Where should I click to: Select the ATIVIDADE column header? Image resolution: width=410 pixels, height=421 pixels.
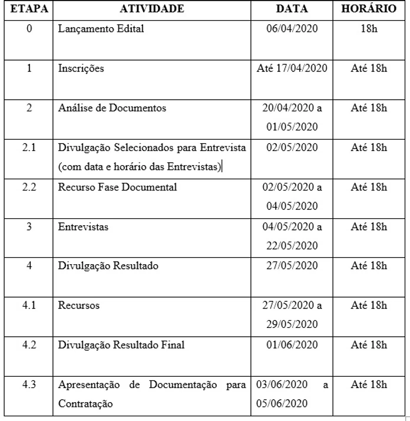[x=152, y=9]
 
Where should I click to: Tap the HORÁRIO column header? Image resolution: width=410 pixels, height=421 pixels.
[x=369, y=9]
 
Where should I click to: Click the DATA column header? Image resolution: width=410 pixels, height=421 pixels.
[x=292, y=9]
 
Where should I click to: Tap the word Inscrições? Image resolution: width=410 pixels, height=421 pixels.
[x=81, y=68]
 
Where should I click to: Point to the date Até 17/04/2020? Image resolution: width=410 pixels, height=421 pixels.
[x=292, y=68]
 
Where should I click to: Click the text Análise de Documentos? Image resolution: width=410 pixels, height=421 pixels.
[x=112, y=108]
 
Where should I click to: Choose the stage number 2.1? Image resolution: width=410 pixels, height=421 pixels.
[x=29, y=147]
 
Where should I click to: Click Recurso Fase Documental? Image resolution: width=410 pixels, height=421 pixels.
[x=117, y=188]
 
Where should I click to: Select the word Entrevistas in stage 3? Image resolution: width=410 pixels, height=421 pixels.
[x=83, y=227]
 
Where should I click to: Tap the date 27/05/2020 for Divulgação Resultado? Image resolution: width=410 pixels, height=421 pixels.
[x=292, y=266]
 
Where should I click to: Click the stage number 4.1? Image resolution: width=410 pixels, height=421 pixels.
[x=29, y=305]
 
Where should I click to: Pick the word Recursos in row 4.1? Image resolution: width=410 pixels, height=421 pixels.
[x=79, y=305]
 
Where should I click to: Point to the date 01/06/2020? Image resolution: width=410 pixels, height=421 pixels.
[x=292, y=345]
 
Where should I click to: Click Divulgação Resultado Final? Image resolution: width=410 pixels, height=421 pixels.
[x=121, y=345]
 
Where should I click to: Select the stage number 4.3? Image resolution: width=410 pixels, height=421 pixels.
[x=29, y=385]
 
